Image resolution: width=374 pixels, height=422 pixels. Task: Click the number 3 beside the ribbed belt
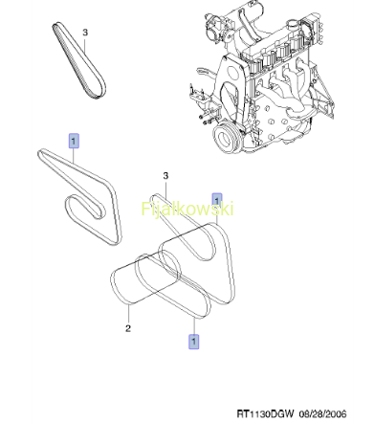[85, 33]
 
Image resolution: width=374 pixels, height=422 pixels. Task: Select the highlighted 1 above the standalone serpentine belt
[74, 141]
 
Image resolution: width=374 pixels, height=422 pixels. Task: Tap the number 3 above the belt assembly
[165, 175]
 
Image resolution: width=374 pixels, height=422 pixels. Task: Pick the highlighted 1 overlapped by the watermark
[217, 201]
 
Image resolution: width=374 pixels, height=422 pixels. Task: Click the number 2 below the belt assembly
[128, 328]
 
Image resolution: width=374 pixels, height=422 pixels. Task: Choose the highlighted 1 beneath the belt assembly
[193, 342]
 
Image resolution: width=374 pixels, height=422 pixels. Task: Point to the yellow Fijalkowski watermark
[187, 209]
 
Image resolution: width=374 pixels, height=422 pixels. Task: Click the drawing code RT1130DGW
[265, 413]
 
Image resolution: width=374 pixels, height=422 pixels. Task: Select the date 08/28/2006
[322, 414]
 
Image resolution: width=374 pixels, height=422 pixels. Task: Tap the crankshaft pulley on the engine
[226, 138]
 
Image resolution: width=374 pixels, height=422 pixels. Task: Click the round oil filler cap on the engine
[292, 25]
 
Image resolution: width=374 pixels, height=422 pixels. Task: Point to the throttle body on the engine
[216, 26]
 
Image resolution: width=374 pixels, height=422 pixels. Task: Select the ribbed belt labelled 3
[78, 60]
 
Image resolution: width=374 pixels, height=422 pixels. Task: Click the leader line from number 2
[129, 314]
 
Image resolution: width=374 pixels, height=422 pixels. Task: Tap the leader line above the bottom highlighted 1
[194, 325]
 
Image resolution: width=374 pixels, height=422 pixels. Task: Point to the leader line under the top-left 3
[85, 46]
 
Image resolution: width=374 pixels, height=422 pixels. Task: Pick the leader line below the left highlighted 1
[74, 156]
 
